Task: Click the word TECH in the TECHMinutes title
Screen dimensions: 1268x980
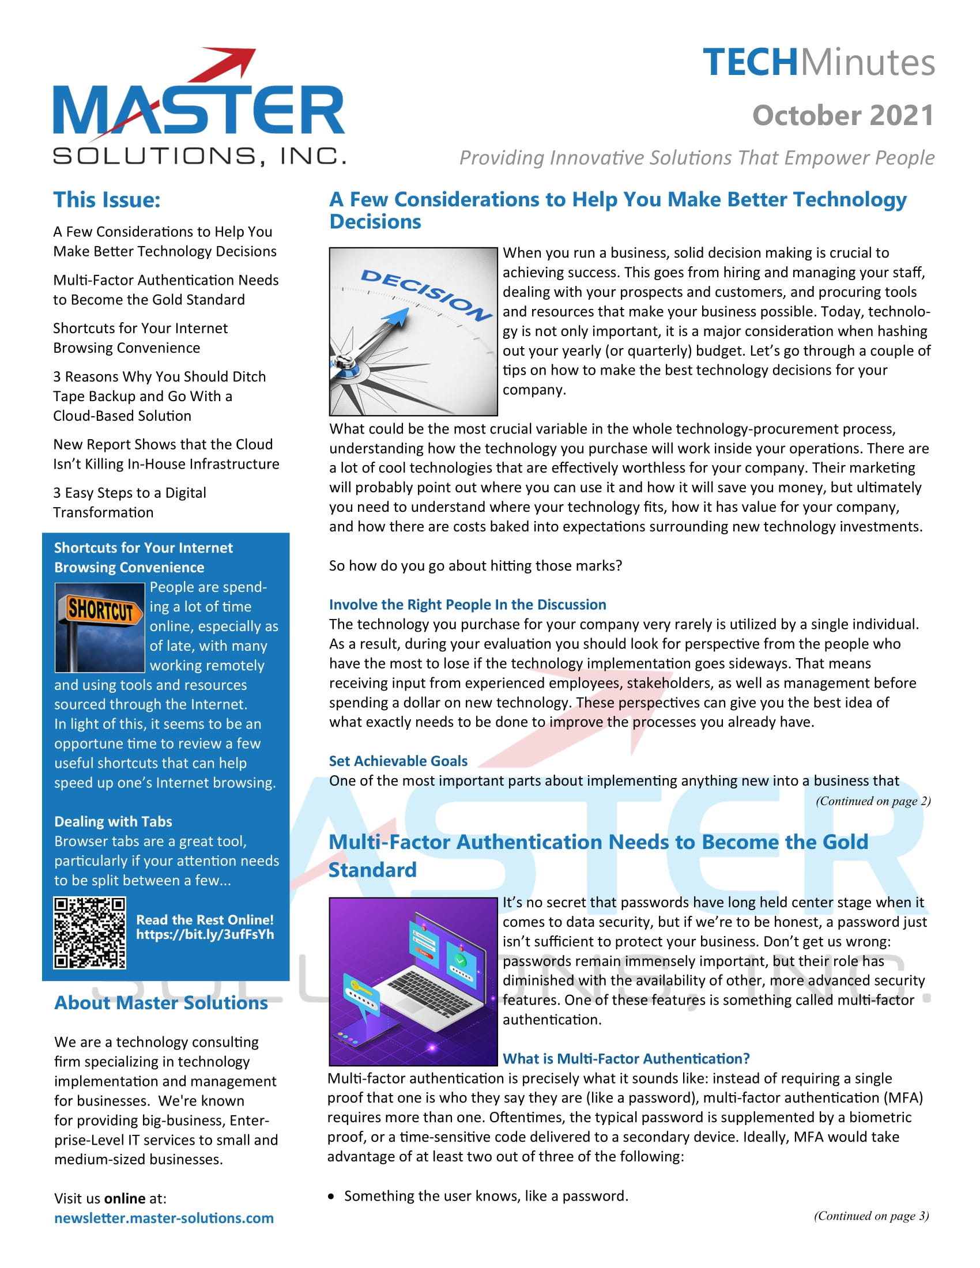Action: [x=750, y=63]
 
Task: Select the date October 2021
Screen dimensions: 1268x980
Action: [x=843, y=115]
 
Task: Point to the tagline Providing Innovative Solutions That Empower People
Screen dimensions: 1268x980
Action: [x=697, y=158]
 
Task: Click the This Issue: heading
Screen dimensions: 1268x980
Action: [x=107, y=200]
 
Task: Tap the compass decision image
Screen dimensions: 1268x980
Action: [x=413, y=331]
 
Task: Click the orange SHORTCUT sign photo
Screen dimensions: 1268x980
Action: [x=99, y=628]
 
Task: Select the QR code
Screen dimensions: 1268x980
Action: [x=89, y=933]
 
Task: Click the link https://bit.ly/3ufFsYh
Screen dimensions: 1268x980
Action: [x=205, y=934]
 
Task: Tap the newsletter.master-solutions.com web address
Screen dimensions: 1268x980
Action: [x=164, y=1218]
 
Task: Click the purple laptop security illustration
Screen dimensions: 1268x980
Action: [x=413, y=982]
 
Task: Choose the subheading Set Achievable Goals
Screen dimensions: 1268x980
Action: [x=398, y=761]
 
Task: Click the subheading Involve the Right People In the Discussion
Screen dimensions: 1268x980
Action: [x=468, y=605]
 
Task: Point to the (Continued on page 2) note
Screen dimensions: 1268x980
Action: [x=873, y=801]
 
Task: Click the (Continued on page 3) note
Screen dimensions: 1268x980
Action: [x=871, y=1216]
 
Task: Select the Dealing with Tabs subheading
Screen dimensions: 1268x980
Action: [x=113, y=821]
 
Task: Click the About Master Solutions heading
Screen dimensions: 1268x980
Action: [x=161, y=1003]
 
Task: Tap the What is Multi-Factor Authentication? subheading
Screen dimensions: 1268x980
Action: [x=626, y=1059]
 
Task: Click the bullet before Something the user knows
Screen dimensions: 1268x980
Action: [x=331, y=1197]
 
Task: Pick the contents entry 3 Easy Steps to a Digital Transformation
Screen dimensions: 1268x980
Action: [x=130, y=503]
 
